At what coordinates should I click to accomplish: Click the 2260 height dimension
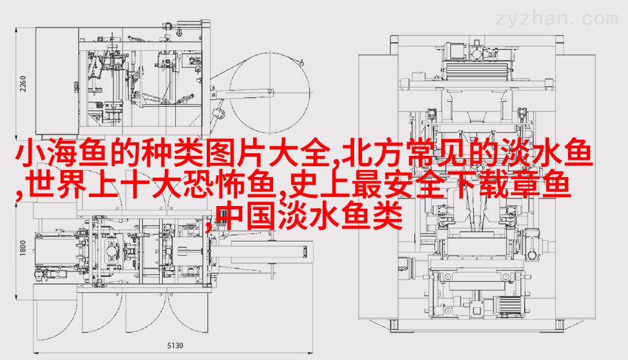tap(23, 83)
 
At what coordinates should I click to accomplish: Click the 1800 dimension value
tap(23, 249)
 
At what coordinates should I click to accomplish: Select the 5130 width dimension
tap(175, 345)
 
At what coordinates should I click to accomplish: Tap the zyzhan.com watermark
tap(557, 19)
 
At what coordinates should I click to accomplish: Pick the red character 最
tap(367, 184)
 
